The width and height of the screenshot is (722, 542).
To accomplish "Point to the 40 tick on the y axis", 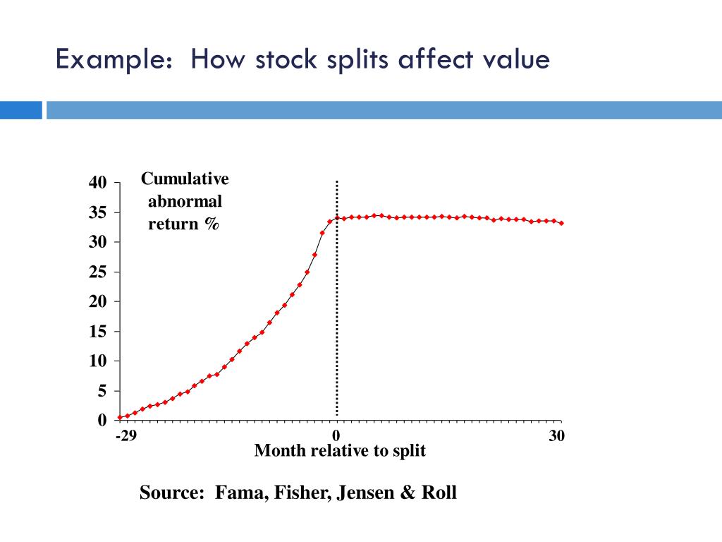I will pos(97,183).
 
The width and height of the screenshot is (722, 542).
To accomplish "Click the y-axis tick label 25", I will pos(97,272).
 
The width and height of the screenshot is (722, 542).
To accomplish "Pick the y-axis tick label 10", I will pos(97,361).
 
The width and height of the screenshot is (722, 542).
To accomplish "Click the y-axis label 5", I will pos(102,390).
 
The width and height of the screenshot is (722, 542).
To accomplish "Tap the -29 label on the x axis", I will pos(126,435).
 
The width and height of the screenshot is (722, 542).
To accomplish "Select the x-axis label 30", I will pos(556,435).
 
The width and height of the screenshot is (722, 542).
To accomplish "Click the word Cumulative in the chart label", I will pos(185,179).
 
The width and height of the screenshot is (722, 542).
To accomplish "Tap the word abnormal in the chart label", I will pos(185,202).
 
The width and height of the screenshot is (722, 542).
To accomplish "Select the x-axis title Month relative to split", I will pos(340,450).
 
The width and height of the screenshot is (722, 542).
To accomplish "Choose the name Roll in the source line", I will pos(439,492).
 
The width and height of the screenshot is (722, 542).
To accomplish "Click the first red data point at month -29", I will pos(120,418).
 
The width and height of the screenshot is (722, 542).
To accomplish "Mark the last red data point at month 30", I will pos(561,223).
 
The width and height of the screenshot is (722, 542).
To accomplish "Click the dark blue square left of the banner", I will pos(21,110).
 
